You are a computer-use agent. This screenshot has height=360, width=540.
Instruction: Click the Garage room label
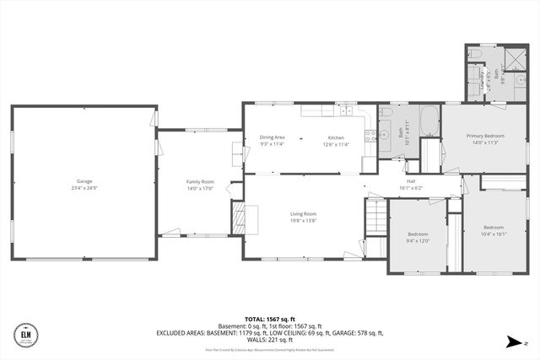point(84,181)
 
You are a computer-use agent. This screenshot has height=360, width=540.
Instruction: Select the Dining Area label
point(272,137)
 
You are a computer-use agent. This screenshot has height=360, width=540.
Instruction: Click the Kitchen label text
point(337,137)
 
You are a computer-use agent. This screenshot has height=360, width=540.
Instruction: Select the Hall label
point(412,180)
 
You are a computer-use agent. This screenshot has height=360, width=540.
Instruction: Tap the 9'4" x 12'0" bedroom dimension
point(418,240)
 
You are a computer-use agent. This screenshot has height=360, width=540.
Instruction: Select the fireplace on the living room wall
point(240,219)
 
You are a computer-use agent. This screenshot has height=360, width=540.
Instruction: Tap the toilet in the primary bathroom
point(475,56)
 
